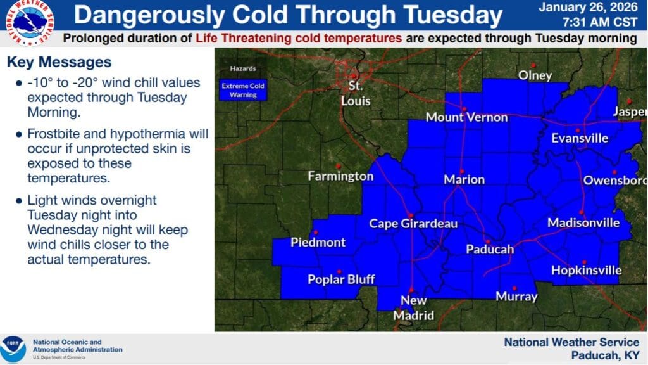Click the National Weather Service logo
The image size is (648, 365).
click(30, 22)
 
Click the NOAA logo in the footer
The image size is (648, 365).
click(13, 349)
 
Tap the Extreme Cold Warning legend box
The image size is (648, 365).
click(243, 90)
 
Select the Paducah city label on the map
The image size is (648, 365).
click(490, 250)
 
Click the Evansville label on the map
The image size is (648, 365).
click(580, 138)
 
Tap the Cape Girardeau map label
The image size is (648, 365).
click(413, 224)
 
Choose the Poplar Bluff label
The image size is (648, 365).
click(341, 279)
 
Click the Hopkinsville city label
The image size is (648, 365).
click(586, 270)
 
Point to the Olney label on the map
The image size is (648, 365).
click(535, 75)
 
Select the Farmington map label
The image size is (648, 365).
click(340, 176)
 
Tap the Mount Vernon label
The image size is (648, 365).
click(466, 117)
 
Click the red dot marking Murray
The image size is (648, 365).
click(514, 288)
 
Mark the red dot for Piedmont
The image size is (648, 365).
click(316, 233)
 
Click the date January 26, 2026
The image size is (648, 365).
click(588, 7)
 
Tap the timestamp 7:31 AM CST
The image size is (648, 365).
click(600, 22)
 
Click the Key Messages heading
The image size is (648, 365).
click(59, 62)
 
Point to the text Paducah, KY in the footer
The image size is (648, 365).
click(606, 355)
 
